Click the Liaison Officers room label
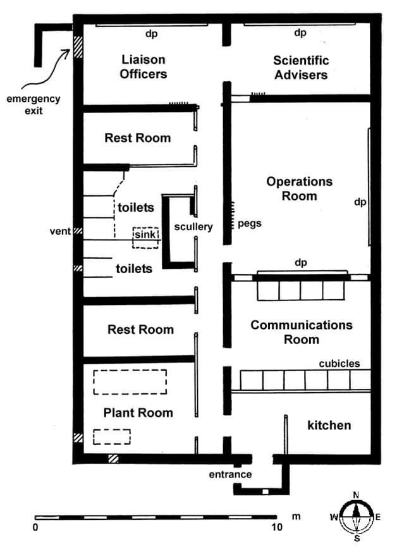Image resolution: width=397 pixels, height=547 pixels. [x=144, y=66]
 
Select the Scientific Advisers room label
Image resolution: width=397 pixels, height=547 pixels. [x=300, y=67]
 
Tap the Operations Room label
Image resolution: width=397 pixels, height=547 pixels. [x=299, y=188]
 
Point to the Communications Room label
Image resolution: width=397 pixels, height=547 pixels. [x=301, y=332]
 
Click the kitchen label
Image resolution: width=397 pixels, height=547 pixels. [x=329, y=425]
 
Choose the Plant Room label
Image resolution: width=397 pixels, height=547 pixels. [x=137, y=413]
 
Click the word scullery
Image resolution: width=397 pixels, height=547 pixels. [x=193, y=226]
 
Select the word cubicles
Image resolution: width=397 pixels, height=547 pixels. [x=339, y=364]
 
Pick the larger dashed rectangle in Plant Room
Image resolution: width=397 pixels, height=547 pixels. [x=130, y=382]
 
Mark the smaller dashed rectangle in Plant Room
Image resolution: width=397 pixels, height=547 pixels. [x=111, y=436]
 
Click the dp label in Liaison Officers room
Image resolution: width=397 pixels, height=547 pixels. [x=151, y=34]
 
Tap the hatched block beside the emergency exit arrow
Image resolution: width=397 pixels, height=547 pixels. [x=78, y=48]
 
